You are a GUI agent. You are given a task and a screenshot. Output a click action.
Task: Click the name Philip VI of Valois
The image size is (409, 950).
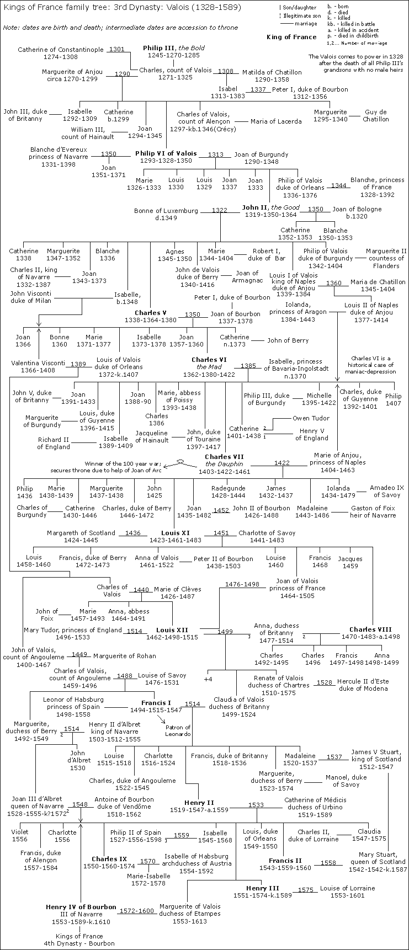pyautogui.click(x=166, y=153)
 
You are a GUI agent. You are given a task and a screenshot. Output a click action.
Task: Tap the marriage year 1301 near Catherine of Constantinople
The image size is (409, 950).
pyautogui.click(x=116, y=50)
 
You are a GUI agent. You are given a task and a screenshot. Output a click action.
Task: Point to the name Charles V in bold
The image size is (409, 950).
pyautogui.click(x=151, y=313)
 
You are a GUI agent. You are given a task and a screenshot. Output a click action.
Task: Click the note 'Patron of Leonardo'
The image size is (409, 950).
pyautogui.click(x=178, y=730)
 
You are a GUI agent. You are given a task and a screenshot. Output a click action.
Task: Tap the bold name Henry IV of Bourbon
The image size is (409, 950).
pyautogui.click(x=81, y=907)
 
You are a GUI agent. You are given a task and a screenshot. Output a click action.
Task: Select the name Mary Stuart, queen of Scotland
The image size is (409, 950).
pyautogui.click(x=377, y=858)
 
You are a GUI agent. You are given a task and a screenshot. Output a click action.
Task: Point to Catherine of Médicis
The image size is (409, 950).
pyautogui.click(x=316, y=799)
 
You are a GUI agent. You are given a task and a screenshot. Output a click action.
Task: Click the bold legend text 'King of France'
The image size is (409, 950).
pyautogui.click(x=299, y=37)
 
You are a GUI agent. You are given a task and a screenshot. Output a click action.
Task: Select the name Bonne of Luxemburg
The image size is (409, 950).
pyautogui.click(x=166, y=211)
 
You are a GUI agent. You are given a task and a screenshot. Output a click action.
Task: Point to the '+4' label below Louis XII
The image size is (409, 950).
pyautogui.click(x=208, y=679)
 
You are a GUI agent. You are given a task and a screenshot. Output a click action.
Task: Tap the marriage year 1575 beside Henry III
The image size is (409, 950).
pyautogui.click(x=306, y=889)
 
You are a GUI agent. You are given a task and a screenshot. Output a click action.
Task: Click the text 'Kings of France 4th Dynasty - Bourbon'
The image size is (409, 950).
pyautogui.click(x=80, y=940)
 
